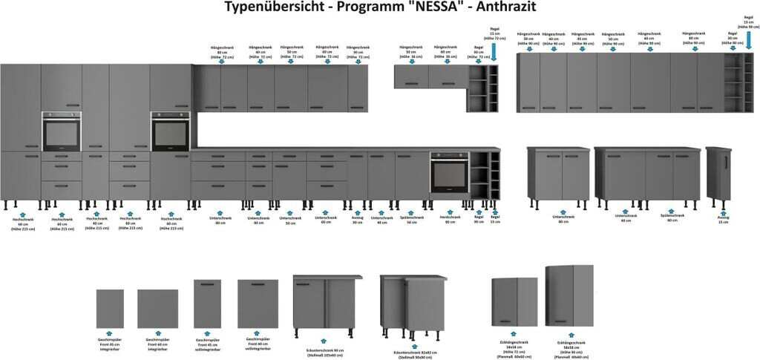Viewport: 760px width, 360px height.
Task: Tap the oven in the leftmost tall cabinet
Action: pos(62,133)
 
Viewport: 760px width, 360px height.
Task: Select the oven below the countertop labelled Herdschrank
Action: pos(449,175)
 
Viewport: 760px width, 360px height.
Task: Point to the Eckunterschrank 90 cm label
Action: pos(325,351)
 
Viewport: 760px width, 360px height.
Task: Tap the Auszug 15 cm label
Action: pos(723,220)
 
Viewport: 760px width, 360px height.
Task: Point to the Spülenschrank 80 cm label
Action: pos(672,218)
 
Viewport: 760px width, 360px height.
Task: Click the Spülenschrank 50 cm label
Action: pos(411,220)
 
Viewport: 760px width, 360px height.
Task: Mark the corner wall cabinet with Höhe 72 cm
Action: pos(514,302)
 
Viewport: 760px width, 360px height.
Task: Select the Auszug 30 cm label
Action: pos(357,220)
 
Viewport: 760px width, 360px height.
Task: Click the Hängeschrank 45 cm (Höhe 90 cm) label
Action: pos(583,39)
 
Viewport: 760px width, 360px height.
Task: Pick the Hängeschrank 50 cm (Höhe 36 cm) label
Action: pos(411,51)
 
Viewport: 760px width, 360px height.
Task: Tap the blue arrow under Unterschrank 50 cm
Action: pos(290,212)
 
